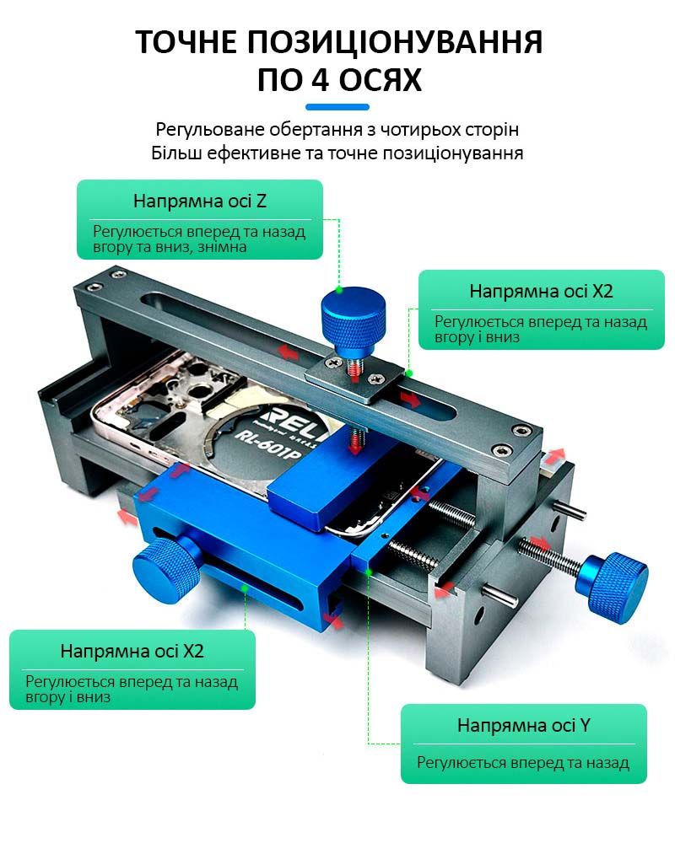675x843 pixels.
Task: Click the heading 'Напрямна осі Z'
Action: (x=200, y=201)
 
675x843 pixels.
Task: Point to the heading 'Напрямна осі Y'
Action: (x=524, y=725)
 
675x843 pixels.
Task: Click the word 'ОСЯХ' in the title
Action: (x=366, y=80)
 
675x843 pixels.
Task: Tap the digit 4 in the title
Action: (x=294, y=80)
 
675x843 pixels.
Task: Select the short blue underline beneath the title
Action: (x=337, y=107)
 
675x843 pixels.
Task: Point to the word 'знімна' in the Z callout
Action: (x=222, y=247)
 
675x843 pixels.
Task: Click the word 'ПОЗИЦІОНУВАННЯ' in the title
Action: (x=395, y=42)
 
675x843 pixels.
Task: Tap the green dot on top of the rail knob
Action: (x=339, y=290)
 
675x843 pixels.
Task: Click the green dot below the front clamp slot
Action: (x=245, y=589)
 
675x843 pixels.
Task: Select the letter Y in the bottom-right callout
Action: (x=585, y=725)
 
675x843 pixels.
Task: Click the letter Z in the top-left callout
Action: (x=261, y=201)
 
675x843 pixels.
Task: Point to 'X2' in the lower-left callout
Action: (x=193, y=651)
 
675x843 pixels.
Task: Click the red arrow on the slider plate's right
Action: (x=409, y=400)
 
